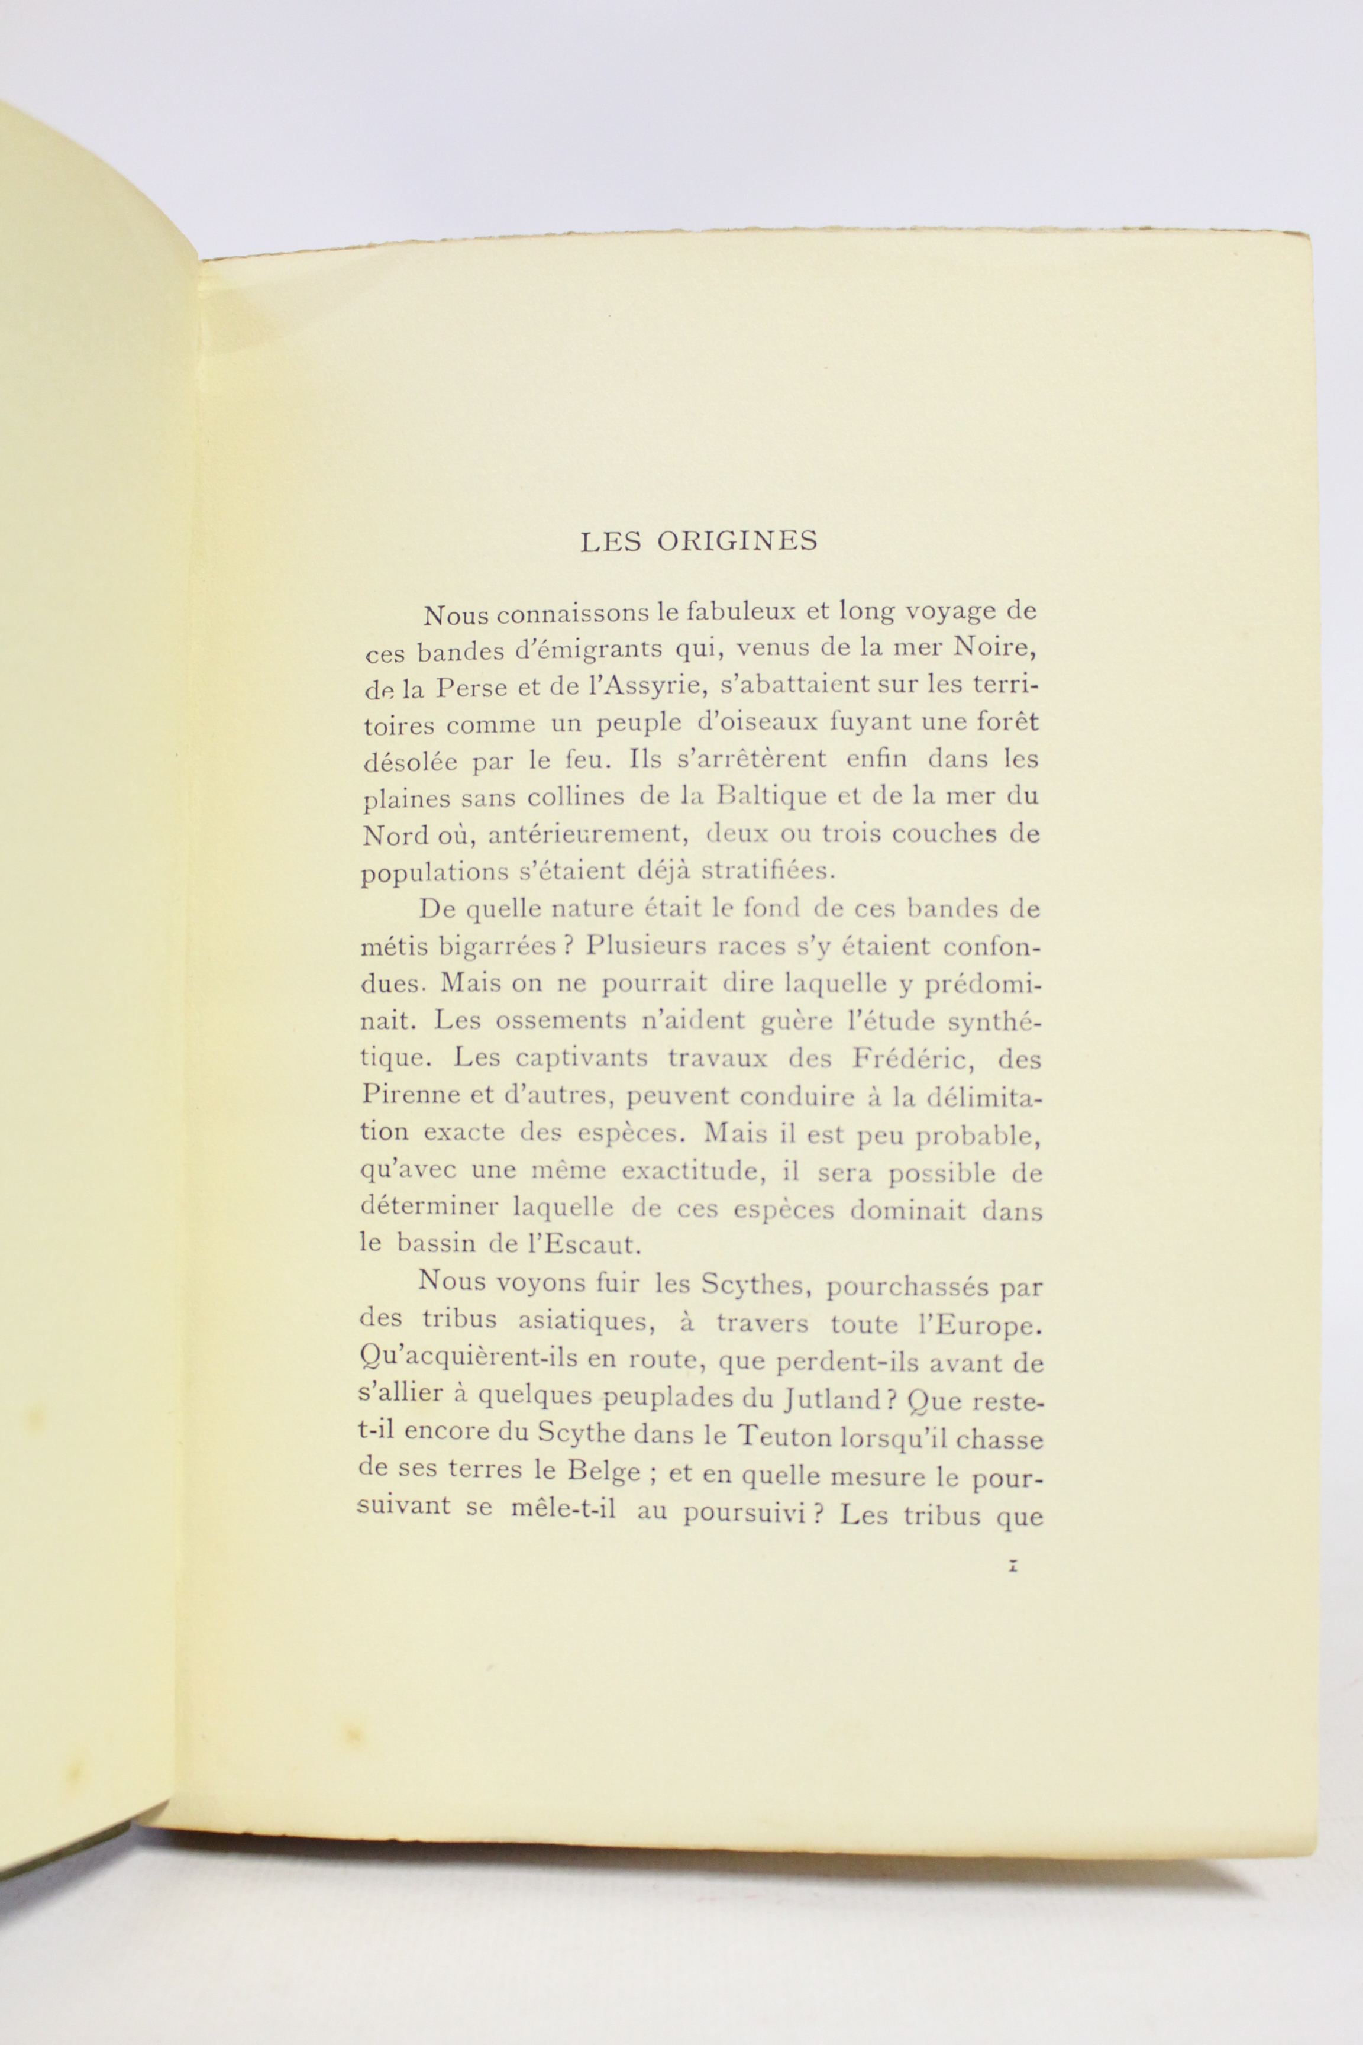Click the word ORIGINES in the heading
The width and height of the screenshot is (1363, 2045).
coord(737,541)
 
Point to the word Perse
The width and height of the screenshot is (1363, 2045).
coord(474,688)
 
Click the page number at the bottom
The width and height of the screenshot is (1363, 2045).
coord(1011,1567)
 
